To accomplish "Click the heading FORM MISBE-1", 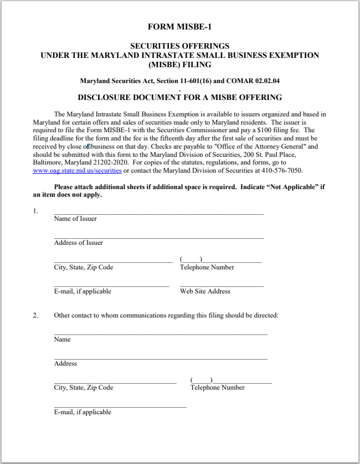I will coord(180,26).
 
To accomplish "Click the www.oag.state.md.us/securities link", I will coord(77,171).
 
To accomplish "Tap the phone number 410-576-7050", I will coord(284,171).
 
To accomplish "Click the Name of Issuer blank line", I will coord(158,214).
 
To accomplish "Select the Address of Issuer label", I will coord(78,243).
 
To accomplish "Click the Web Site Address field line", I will coord(221,286).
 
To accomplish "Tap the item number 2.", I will coord(36,315).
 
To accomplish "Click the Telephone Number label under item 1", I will coord(206,267).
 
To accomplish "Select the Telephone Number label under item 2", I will coord(217,387).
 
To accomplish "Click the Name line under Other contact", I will coord(160,333).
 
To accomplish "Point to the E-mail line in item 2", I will coord(120,407).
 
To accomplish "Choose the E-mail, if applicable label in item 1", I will coord(82,291).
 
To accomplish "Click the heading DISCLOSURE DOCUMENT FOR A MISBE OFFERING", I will coord(180,98).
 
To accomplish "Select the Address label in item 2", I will coord(65,363).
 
